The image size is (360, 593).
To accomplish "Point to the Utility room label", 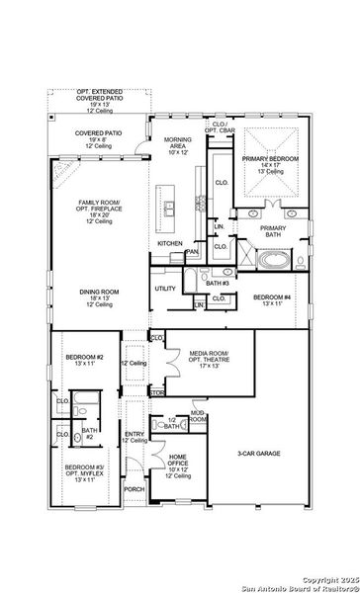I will pyautogui.click(x=164, y=289).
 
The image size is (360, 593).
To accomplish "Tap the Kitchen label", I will pyautogui.click(x=170, y=243).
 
